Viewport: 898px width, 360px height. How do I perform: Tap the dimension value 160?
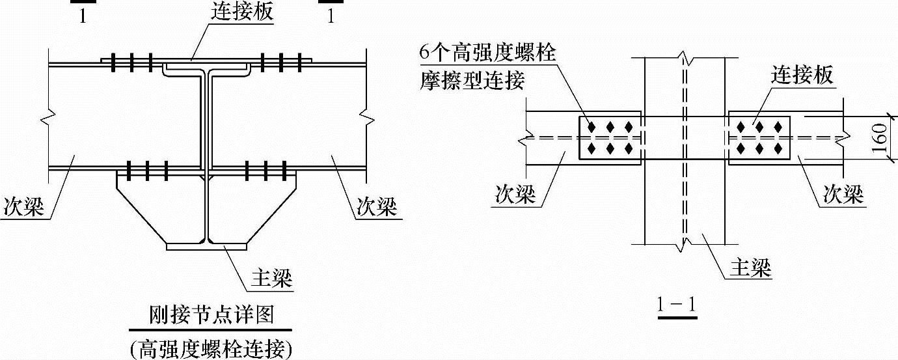click(881, 138)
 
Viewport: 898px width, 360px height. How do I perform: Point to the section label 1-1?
click(677, 304)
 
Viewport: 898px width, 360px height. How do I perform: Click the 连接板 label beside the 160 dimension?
click(802, 76)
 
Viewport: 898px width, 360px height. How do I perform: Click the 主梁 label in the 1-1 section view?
click(750, 266)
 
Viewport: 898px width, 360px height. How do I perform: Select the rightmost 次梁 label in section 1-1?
click(843, 194)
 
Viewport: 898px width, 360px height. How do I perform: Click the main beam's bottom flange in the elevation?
click(206, 247)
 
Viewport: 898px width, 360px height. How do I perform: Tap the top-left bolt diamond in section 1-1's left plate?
click(592, 126)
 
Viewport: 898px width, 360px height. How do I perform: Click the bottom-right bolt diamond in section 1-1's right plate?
click(778, 149)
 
